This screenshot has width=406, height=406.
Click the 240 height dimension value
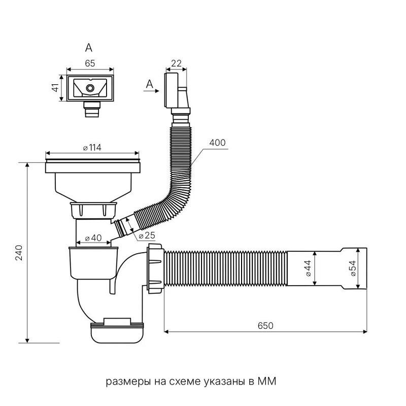coord(19,252)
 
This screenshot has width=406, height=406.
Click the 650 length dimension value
coord(265,325)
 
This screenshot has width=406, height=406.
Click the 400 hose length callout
coord(217,143)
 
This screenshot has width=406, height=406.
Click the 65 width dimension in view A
coord(90,63)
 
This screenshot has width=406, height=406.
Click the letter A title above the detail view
coord(89,48)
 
